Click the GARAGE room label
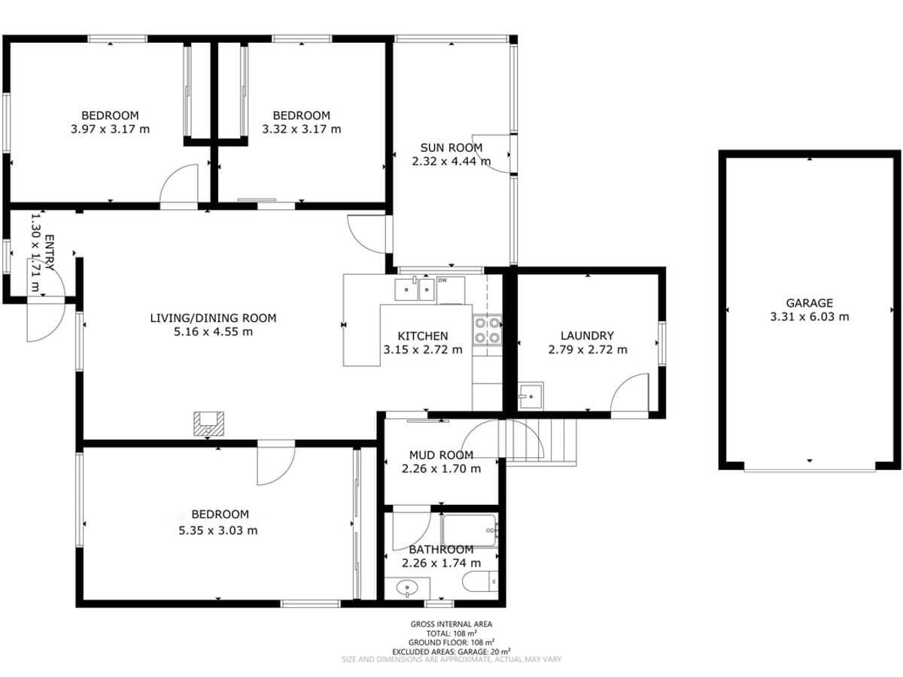(x=809, y=303)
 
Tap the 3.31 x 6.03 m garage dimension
(x=809, y=317)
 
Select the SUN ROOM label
(x=451, y=147)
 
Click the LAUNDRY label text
(x=587, y=335)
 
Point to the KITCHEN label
(x=422, y=336)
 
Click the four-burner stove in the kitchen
(x=487, y=329)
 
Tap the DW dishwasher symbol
(x=442, y=281)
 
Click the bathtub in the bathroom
(x=470, y=530)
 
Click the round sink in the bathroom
(x=407, y=587)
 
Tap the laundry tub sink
(x=531, y=393)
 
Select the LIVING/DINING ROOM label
(x=213, y=318)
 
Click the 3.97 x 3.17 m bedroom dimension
(x=110, y=129)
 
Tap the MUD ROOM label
(x=441, y=455)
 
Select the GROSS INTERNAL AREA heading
(x=451, y=624)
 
